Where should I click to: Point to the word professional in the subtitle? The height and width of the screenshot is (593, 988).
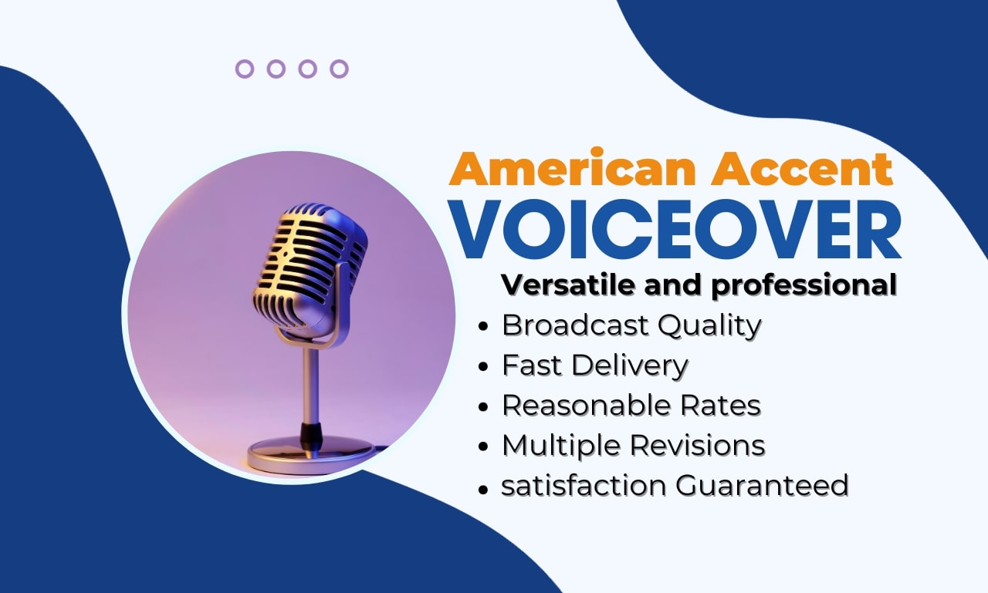coord(804,285)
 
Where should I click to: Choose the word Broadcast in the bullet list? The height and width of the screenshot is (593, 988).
coord(575,325)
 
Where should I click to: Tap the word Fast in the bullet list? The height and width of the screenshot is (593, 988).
coord(532,365)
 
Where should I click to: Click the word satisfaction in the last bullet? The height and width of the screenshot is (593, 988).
coord(584,486)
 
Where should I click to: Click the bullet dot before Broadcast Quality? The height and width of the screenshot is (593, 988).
coord(483,327)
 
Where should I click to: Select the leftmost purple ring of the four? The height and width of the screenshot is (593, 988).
coord(245,69)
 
